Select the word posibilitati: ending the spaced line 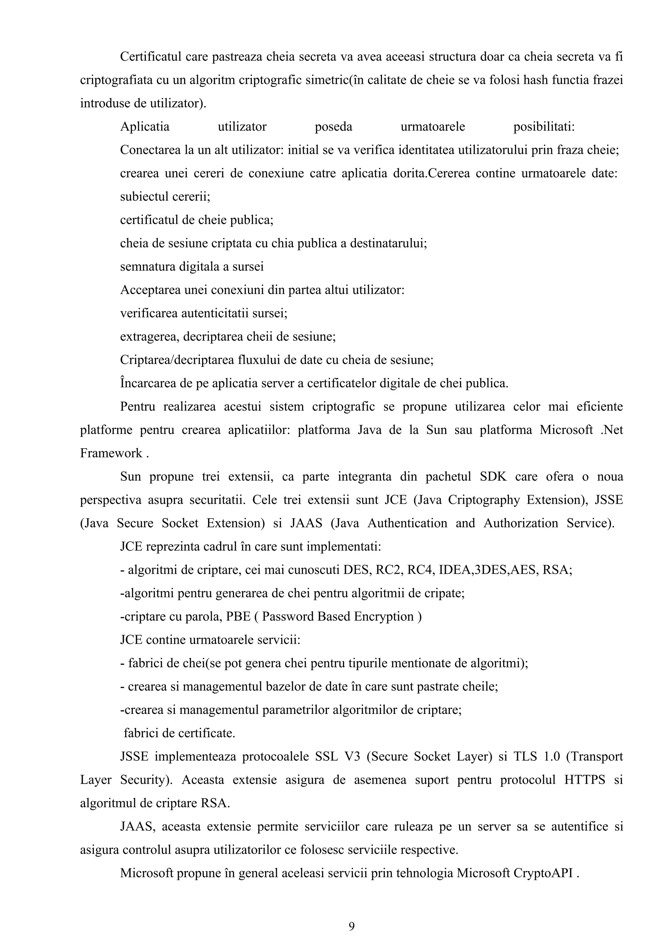click(544, 126)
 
